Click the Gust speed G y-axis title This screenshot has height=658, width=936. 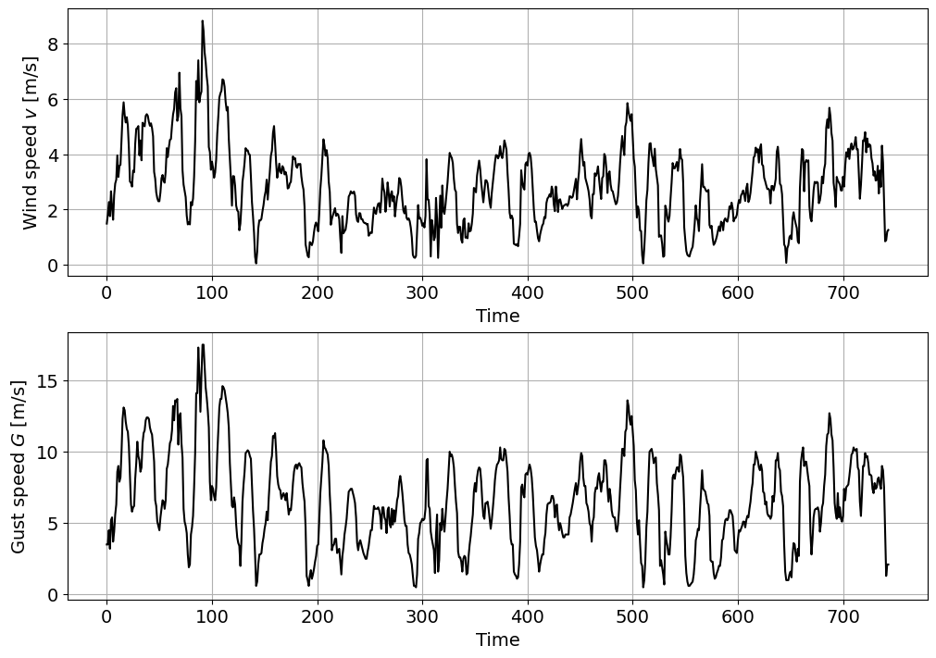19,466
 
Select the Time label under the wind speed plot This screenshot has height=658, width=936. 497,316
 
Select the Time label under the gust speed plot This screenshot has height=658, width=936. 497,639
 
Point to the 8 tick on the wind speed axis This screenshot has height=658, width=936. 53,43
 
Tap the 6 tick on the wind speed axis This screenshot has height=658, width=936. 53,99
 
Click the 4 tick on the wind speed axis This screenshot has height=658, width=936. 53,155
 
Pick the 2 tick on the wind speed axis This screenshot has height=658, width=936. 53,210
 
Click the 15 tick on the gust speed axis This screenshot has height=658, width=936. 47,380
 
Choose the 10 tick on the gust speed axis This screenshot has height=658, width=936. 47,452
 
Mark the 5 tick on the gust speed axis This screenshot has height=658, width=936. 53,523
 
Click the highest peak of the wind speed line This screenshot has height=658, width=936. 202,21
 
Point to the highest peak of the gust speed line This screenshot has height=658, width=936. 203,345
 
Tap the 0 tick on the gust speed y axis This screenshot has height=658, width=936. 53,594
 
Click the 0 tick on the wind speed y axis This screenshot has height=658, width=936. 53,266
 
